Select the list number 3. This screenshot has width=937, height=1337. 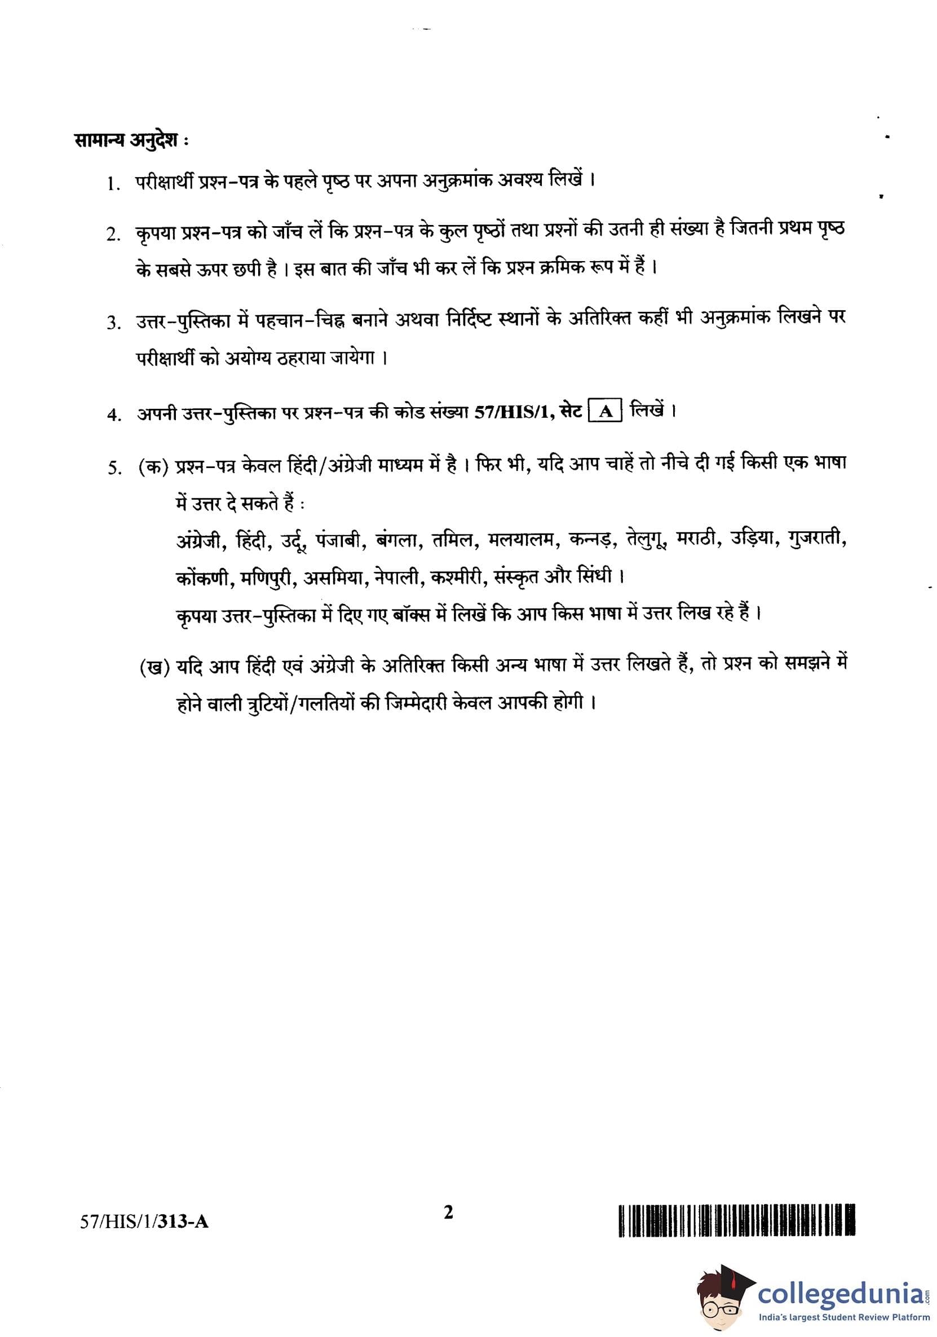(113, 323)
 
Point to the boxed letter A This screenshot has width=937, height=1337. (605, 412)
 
